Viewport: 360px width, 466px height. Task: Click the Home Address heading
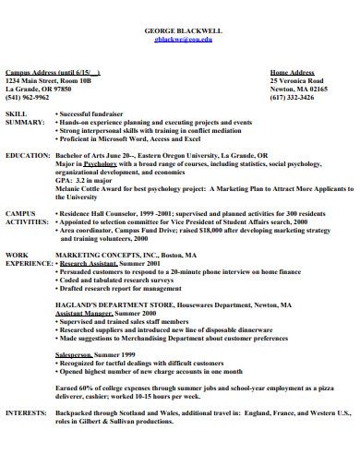[291, 71]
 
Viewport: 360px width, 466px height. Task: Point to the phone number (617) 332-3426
[292, 96]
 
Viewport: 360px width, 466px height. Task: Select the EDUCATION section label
[28, 156]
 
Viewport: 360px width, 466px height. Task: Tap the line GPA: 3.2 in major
[87, 181]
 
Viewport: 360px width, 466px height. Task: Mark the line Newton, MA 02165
[299, 88]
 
